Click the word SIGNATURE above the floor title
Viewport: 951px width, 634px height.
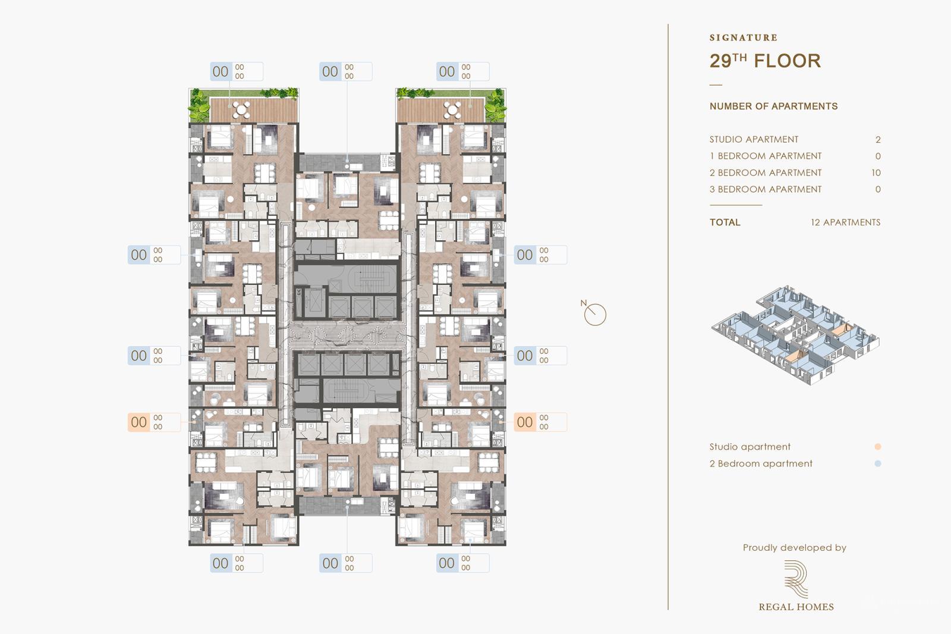tap(743, 37)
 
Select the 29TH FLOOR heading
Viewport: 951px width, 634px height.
tap(765, 61)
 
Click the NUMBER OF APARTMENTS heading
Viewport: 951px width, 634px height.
tap(773, 106)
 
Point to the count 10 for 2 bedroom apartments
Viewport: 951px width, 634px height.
tap(876, 173)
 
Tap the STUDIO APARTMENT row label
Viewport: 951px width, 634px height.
tap(754, 140)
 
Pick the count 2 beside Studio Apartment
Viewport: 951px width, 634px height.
tap(878, 140)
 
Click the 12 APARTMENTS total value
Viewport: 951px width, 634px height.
tap(845, 222)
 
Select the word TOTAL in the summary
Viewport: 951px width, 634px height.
tap(725, 222)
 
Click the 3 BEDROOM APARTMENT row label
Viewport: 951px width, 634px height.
tap(766, 190)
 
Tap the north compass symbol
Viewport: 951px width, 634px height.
tap(594, 314)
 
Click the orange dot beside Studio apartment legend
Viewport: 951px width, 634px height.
tap(878, 447)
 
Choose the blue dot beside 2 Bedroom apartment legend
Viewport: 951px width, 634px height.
tap(878, 463)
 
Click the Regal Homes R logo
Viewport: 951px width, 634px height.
tap(795, 579)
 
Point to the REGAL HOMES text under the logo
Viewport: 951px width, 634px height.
tap(796, 607)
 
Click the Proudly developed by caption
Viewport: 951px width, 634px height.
tap(794, 548)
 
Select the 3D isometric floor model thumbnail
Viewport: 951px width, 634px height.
tap(795, 334)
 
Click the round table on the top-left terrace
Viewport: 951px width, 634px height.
tap(241, 109)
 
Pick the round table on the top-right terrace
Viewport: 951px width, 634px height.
tap(452, 109)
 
